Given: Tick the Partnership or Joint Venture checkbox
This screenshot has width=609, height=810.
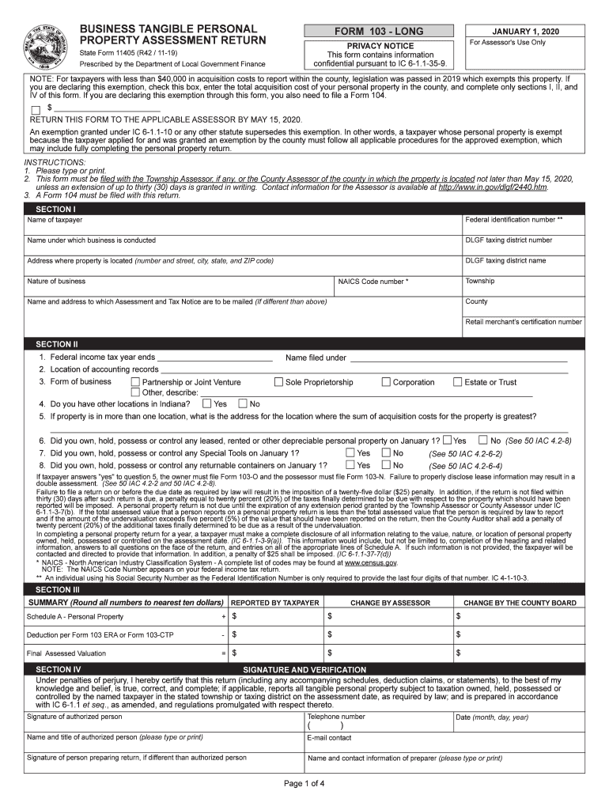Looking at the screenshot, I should [x=134, y=382].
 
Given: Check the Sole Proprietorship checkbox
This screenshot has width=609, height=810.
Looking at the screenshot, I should [x=278, y=382].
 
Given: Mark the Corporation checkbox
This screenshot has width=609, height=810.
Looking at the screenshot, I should [x=386, y=382].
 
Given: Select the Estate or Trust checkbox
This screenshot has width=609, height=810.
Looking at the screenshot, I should [x=457, y=382].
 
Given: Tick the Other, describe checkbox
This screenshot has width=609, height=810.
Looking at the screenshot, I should [x=134, y=392].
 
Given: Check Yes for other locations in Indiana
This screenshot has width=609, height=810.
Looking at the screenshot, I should [x=206, y=403].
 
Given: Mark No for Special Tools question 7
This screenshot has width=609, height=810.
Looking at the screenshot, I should [x=386, y=453].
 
